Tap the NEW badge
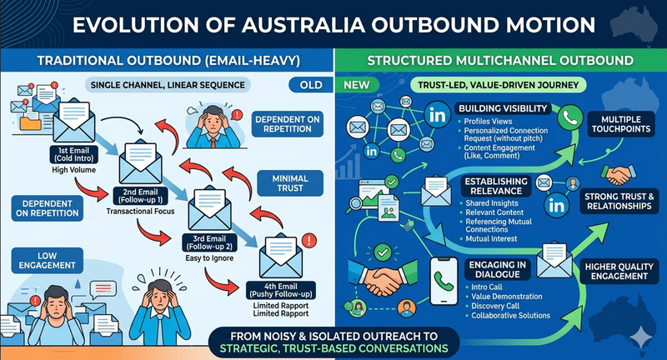[x=356, y=85]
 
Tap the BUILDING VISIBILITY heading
[x=500, y=109]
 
